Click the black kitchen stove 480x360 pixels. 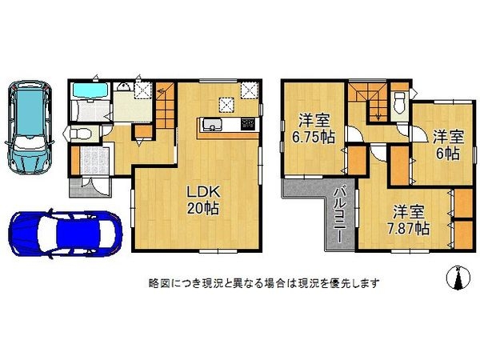pyautogui.click(x=246, y=124)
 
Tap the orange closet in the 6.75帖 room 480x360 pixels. pyautogui.click(x=353, y=161)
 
